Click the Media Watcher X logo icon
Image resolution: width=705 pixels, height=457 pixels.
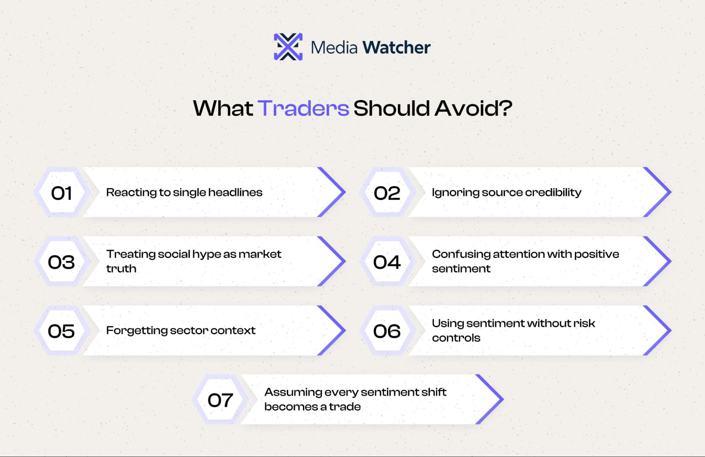[288, 47]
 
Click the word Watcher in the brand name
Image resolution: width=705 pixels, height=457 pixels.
[396, 47]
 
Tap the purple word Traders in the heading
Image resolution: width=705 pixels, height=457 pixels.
[303, 108]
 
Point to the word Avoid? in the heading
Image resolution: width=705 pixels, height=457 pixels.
[473, 108]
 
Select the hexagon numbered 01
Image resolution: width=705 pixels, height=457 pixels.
[62, 192]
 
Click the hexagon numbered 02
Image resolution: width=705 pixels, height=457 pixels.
[387, 192]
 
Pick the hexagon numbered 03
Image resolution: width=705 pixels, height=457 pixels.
[62, 261]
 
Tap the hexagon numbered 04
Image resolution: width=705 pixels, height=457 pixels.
[387, 261]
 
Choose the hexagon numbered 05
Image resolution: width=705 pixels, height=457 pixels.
[62, 331]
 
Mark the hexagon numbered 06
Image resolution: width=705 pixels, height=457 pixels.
[387, 331]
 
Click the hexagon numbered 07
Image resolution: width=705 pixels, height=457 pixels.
[220, 399]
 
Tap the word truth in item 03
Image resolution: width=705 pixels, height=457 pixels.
[121, 269]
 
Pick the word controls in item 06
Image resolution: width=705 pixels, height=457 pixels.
[456, 338]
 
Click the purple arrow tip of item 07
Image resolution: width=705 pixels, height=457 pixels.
[503, 399]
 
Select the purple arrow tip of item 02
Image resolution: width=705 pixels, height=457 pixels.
[670, 192]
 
